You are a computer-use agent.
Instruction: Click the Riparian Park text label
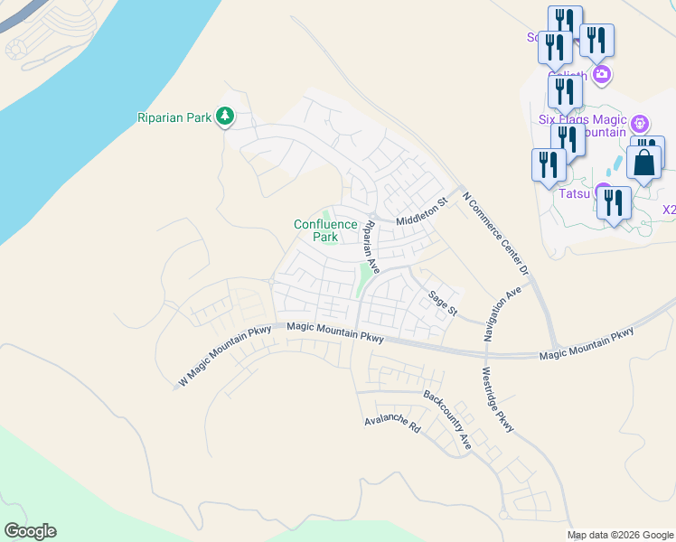pyautogui.click(x=174, y=117)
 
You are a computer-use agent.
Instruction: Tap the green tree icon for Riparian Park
pyautogui.click(x=225, y=117)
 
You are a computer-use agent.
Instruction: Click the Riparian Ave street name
pyautogui.click(x=369, y=246)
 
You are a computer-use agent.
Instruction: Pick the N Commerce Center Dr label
pyautogui.click(x=494, y=233)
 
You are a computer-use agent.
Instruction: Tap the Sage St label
pyautogui.click(x=444, y=300)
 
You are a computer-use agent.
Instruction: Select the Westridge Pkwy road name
pyautogui.click(x=497, y=399)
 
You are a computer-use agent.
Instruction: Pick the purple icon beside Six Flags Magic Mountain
pyautogui.click(x=640, y=122)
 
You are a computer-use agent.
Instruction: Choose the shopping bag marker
pyautogui.click(x=644, y=164)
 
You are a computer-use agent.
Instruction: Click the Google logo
pyautogui.click(x=30, y=531)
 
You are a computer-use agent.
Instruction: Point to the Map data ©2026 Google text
pyautogui.click(x=620, y=535)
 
